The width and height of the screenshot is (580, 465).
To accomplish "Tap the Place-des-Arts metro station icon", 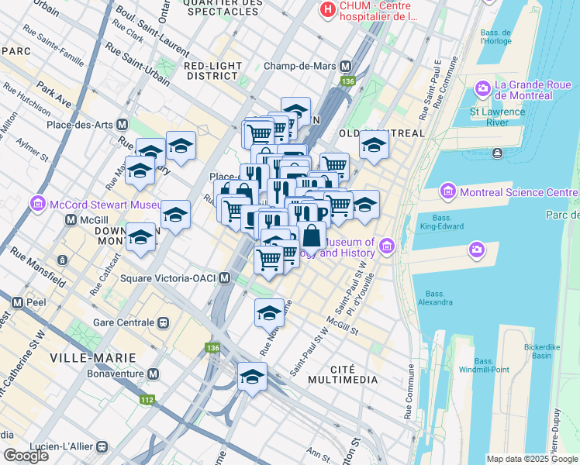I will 122,125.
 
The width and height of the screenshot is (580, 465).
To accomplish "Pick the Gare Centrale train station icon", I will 163,322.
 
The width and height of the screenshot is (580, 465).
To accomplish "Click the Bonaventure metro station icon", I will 153,374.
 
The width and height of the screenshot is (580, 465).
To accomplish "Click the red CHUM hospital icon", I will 329,10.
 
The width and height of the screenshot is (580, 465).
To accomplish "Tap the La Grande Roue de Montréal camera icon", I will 483,89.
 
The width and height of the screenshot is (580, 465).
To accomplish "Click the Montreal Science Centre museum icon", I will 447,191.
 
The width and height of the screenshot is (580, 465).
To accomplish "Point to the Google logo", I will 26,456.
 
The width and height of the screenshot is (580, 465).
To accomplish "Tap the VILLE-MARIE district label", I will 92,357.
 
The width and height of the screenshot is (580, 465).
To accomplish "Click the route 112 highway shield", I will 146,400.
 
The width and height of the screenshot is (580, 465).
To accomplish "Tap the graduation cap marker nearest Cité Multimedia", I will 252,377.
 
